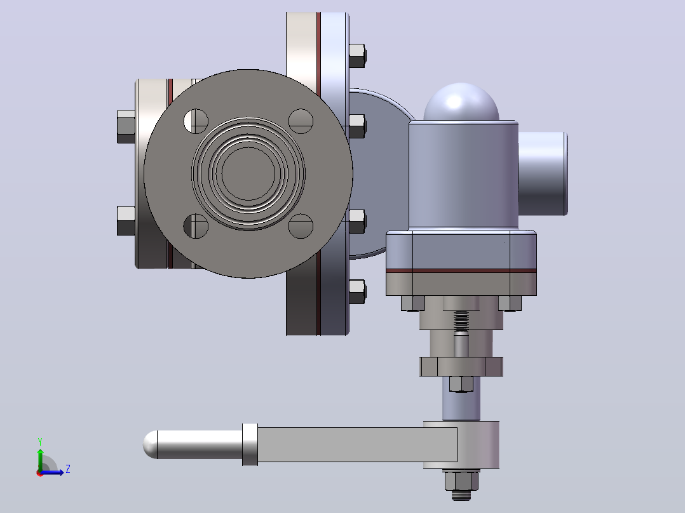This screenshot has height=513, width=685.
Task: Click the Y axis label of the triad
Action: coord(40,441)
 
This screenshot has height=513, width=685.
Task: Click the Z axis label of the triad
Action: coord(68,469)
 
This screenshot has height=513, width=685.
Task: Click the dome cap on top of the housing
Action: coord(461,102)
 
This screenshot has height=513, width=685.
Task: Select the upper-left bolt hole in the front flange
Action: coord(196,121)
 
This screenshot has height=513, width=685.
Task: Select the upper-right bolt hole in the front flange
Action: coord(301,121)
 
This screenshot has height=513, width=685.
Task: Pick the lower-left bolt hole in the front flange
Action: coord(196,226)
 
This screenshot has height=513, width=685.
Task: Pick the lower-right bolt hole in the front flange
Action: coord(301,226)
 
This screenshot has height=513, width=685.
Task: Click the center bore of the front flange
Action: coord(248,173)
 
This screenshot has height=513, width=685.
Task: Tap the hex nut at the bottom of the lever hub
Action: coord(461,481)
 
